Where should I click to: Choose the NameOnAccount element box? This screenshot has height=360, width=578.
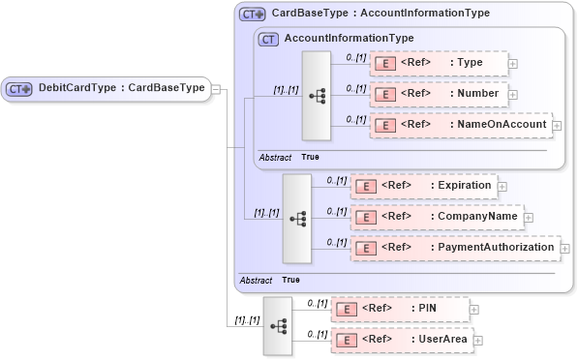tap(460, 125)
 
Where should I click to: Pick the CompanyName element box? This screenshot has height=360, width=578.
tap(436, 217)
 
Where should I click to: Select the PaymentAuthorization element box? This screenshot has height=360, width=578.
tap(453, 248)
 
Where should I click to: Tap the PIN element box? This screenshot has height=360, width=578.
tap(399, 309)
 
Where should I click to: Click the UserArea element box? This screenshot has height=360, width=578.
tap(401, 340)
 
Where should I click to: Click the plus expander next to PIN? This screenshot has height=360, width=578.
tap(474, 310)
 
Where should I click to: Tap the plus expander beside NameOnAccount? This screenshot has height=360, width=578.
tap(557, 126)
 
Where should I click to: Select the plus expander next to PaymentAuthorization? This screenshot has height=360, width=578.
tap(565, 249)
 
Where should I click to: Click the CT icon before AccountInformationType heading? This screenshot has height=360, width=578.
tap(268, 39)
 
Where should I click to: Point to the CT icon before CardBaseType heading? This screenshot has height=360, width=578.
tap(253, 14)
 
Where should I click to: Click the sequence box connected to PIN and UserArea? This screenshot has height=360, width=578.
tap(278, 325)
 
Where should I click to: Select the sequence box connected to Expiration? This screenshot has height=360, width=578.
tap(296, 218)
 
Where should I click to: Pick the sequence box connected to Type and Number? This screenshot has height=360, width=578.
tap(317, 95)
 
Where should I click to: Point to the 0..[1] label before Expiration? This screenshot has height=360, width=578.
tap(336, 180)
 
